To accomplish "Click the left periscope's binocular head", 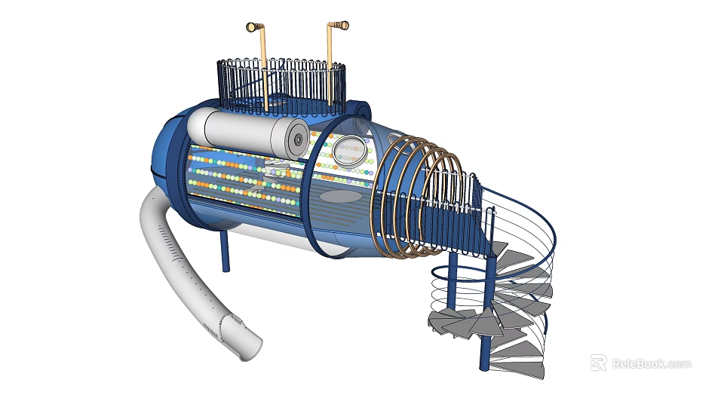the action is pyautogui.click(x=254, y=27).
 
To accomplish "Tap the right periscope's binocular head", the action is pyautogui.click(x=339, y=26).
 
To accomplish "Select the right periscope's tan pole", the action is pyautogui.click(x=330, y=65).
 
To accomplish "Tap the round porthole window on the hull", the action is pyautogui.click(x=350, y=149).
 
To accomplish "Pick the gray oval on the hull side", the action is pyautogui.click(x=341, y=197).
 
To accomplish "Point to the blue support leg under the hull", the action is pyautogui.click(x=225, y=250).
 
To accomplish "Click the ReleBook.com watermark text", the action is pyautogui.click(x=652, y=363).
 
